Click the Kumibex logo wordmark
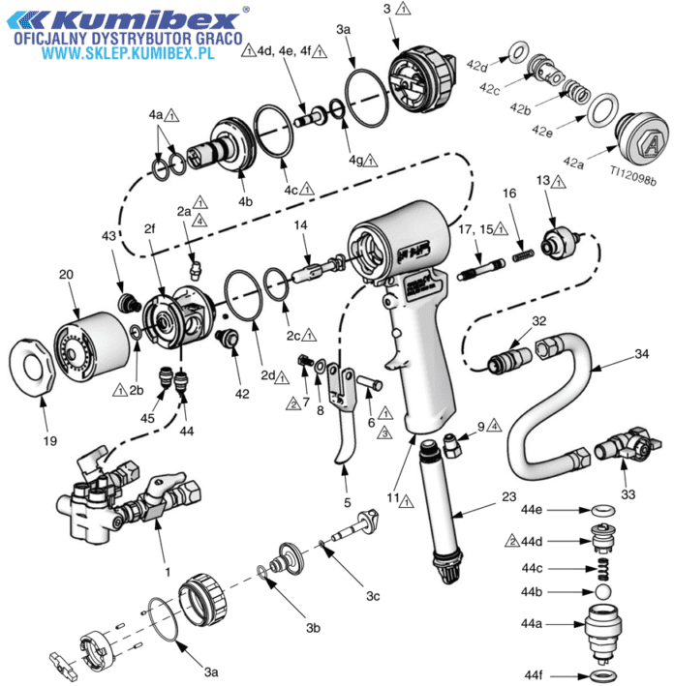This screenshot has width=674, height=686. tap(127, 19)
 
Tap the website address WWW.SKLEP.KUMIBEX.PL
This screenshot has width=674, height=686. tap(129, 53)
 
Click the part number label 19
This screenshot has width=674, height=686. tap(50, 440)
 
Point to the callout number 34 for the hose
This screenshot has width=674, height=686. tap(642, 353)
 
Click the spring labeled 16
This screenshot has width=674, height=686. tap(523, 255)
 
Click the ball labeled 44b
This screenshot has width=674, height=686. tap(603, 591)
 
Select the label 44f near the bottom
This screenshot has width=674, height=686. tap(534, 674)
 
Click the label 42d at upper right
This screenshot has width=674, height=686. tap(476, 67)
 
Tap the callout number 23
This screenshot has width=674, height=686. tap(509, 496)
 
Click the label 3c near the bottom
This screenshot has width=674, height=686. tap(373, 596)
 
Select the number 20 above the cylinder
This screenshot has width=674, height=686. tap(66, 275)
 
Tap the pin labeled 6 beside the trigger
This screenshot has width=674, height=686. tap(370, 382)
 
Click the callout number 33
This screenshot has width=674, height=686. tap(628, 494)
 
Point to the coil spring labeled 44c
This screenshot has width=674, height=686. tap(603, 568)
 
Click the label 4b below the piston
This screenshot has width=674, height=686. tap(245, 201)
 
